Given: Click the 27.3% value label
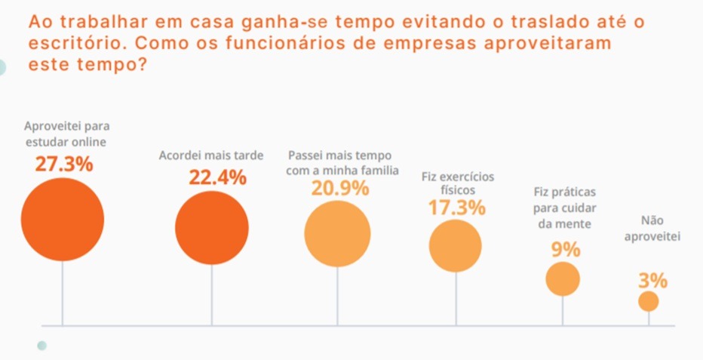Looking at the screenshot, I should [x=64, y=165].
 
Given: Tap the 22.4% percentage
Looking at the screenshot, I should [x=217, y=178].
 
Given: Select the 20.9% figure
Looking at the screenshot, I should [x=340, y=189].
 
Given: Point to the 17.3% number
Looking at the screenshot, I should [x=457, y=208].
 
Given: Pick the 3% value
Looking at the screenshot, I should [x=652, y=281].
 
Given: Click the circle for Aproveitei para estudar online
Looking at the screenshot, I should [x=63, y=219].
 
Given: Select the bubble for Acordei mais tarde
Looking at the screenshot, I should [x=212, y=227].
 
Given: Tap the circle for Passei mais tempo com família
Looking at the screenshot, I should [x=337, y=234].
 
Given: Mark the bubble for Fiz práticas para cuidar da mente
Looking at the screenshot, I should [x=563, y=279].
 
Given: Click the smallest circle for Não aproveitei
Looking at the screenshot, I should [x=649, y=302].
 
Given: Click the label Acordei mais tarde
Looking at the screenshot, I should [x=211, y=155].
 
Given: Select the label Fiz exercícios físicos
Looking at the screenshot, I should [x=458, y=183].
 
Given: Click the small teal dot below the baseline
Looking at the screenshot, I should [x=42, y=346].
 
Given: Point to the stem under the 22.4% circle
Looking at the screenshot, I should [x=212, y=295].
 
